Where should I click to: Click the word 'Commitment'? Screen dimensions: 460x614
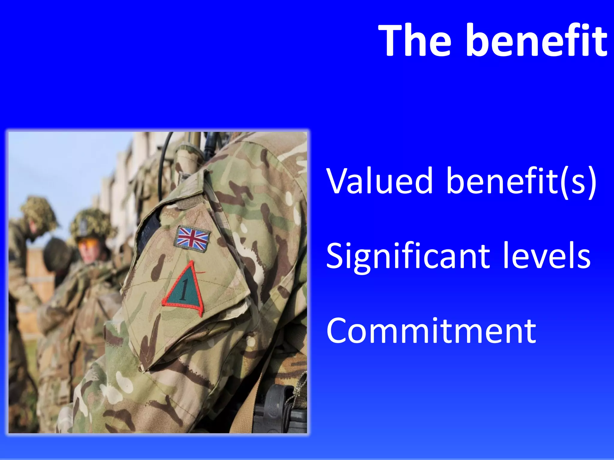point(431,331)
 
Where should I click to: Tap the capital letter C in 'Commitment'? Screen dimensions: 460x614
point(337,331)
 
